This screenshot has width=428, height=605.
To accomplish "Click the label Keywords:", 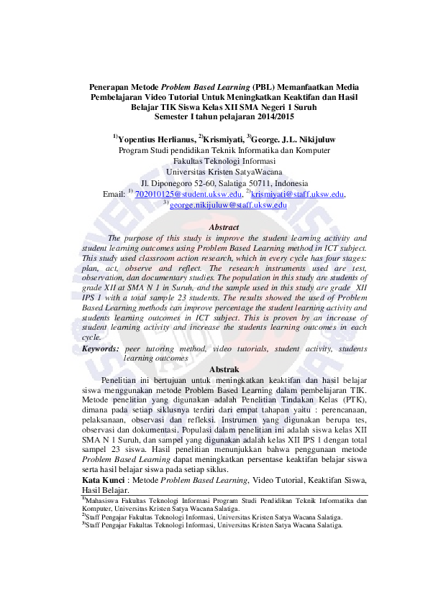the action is [x=100, y=348].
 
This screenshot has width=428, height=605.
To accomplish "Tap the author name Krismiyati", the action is [x=223, y=138].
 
